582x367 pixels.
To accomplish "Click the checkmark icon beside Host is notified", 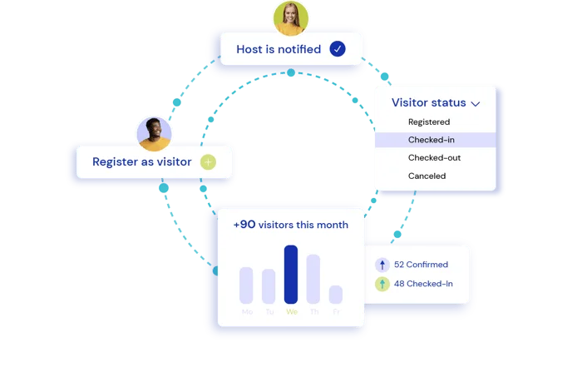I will [x=337, y=49].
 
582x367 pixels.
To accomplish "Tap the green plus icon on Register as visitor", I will [x=208, y=161].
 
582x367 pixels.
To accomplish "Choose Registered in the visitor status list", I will [x=429, y=122].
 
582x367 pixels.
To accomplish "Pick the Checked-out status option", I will [x=434, y=158].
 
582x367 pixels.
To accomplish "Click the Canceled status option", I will [x=427, y=176].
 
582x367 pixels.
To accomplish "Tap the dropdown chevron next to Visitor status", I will [x=476, y=104].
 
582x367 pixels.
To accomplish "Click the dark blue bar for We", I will [x=291, y=275].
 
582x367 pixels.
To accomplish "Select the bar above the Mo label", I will [x=246, y=285].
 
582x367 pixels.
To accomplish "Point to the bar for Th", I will [x=313, y=279].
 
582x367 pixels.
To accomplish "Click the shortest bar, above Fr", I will [x=336, y=295].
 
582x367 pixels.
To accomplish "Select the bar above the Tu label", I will [x=269, y=286].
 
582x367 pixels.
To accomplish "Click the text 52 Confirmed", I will [x=421, y=265].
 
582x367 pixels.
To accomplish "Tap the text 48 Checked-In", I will [x=423, y=284].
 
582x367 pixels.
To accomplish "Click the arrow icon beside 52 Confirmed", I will [x=382, y=265].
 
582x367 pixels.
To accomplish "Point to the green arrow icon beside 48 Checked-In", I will [x=382, y=284].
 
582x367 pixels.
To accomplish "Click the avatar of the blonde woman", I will [x=290, y=17].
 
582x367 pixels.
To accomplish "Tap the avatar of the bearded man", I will [x=153, y=132].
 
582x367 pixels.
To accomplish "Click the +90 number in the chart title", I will [x=244, y=225].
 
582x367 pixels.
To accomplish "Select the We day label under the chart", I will [x=291, y=312].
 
